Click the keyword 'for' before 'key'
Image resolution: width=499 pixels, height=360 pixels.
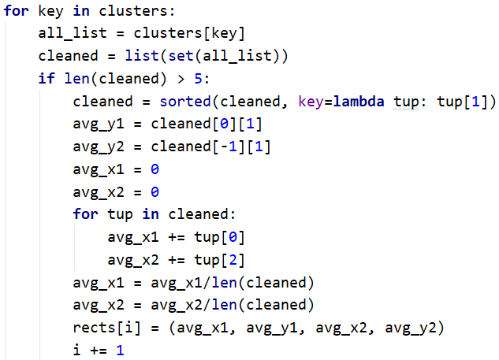pyautogui.click(x=16, y=13)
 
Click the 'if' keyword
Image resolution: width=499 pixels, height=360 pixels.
pyautogui.click(x=47, y=80)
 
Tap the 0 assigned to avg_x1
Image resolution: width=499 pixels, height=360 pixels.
pyautogui.click(x=155, y=169)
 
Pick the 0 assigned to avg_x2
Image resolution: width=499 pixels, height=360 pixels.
pyautogui.click(x=155, y=192)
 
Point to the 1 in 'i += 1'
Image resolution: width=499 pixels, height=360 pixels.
pyautogui.click(x=121, y=349)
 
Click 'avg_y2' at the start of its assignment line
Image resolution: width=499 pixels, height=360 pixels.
pyautogui.click(x=99, y=147)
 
